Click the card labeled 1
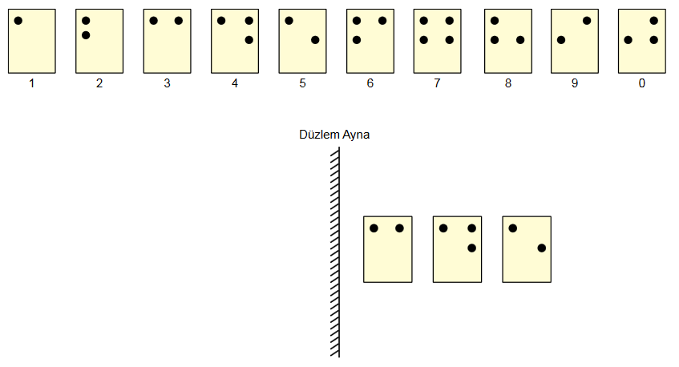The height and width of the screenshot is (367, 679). click(31, 41)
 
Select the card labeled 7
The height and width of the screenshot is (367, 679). click(437, 41)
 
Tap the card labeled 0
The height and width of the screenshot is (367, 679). click(641, 41)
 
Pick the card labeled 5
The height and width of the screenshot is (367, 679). click(302, 41)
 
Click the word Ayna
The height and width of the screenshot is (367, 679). click(356, 135)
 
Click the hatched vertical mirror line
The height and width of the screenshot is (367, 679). click(336, 252)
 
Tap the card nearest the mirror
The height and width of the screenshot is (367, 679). click(387, 249)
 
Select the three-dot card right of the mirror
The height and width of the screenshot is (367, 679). click(457, 249)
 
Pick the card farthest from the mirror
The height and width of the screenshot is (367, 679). click(527, 249)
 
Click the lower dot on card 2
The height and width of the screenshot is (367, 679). click(86, 35)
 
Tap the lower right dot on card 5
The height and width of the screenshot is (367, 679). click(315, 40)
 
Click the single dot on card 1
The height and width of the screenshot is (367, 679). click(18, 21)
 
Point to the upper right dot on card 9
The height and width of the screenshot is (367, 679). click(587, 21)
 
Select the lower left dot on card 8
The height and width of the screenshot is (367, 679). click(495, 40)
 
